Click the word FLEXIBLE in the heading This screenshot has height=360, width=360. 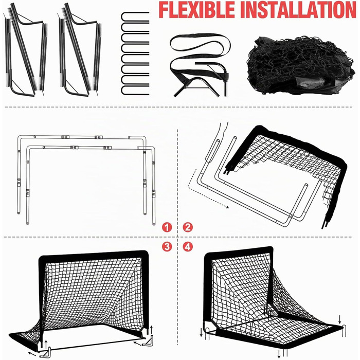[x=197, y=10]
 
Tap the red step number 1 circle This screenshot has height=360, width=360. [x=167, y=227]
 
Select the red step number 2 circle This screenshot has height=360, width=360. [x=188, y=227]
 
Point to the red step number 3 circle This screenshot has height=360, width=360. [x=167, y=247]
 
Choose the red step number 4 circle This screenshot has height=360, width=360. [x=188, y=247]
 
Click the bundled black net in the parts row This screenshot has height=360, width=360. [x=301, y=65]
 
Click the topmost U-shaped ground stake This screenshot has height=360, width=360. [x=135, y=17]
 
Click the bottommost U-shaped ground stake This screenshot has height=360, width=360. [x=135, y=90]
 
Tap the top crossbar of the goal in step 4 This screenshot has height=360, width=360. [x=239, y=251]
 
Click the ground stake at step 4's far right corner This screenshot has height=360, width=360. [x=344, y=331]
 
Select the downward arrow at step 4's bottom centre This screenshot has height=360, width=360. [x=279, y=353]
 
